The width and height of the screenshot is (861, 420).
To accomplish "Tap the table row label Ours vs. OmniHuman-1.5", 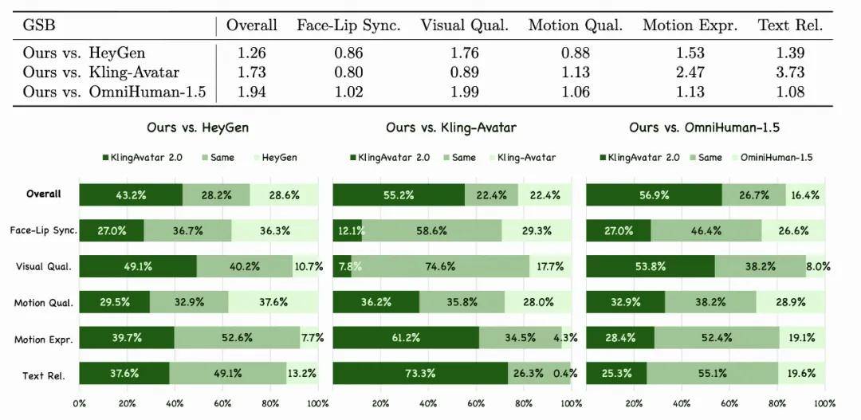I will (114, 92).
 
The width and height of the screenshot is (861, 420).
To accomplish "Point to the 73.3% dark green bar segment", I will (420, 373).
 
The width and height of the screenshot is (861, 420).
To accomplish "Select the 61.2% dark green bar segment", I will (406, 337).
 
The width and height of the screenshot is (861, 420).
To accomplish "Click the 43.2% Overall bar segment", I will (131, 194).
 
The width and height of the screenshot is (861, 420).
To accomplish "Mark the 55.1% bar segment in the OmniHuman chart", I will (713, 373).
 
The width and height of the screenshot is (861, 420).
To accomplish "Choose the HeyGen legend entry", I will (275, 157).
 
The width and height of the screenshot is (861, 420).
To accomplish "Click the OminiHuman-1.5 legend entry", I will (778, 157).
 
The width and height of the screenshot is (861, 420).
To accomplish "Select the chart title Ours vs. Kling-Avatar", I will (452, 128).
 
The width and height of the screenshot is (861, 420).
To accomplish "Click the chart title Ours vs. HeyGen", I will (199, 128).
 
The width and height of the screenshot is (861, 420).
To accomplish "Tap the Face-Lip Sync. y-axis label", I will (44, 230).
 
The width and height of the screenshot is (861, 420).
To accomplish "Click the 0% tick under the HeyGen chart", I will (80, 404).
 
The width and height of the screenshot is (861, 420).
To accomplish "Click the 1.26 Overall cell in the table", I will (252, 53).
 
